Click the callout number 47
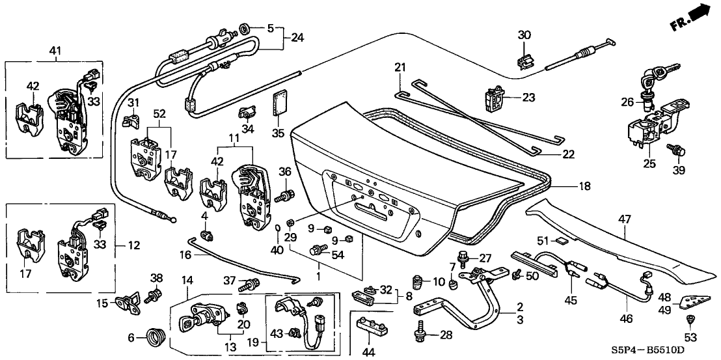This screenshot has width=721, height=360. pos(624,221)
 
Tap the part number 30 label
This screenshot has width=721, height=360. pos(525,35)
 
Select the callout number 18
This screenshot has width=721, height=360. pos(584,186)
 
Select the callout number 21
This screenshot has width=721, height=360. pos(400,68)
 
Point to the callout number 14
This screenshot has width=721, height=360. pos(187,280)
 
